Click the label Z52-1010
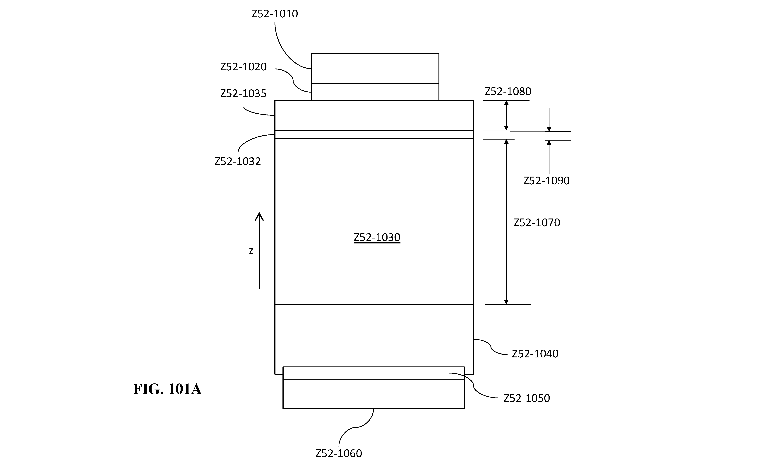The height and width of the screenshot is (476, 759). [x=275, y=14]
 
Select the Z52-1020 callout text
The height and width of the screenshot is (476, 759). [x=243, y=67]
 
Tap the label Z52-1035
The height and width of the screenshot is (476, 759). [x=243, y=93]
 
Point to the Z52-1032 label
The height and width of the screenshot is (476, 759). [x=238, y=161]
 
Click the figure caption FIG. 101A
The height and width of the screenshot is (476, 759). [x=167, y=389]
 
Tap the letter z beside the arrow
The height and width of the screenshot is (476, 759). [x=251, y=251]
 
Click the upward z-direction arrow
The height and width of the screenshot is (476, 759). [x=259, y=251]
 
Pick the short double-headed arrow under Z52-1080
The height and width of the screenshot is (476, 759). [x=506, y=116]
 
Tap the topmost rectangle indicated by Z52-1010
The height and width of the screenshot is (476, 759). [x=375, y=69]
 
